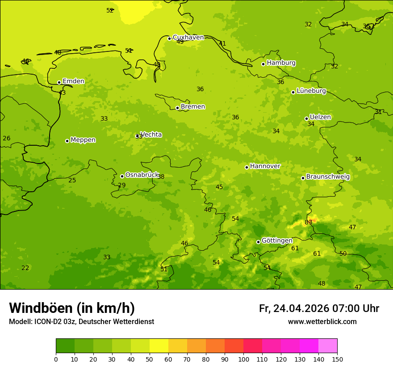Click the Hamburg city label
point(281,63)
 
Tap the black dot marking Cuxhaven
point(169,38)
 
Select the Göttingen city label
point(277,241)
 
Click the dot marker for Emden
point(59,82)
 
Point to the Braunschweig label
point(328,177)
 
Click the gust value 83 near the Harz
point(308,222)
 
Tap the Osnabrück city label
point(142,175)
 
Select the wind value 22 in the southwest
point(25,268)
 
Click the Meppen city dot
point(67,141)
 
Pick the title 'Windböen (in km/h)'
point(72,308)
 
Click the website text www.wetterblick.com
point(322,322)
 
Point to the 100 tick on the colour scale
point(243,359)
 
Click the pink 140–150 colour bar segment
point(328,346)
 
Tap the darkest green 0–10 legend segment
point(65,346)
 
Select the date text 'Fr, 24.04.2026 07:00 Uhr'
point(319,308)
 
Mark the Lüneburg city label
point(311,91)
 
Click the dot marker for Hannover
point(247,167)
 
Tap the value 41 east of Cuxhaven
point(222,43)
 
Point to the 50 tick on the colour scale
point(150,359)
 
